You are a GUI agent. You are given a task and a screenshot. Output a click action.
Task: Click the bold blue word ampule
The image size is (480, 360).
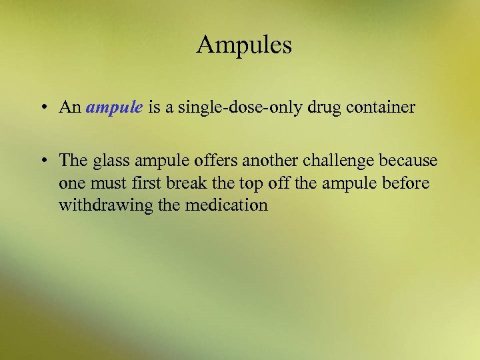click(114, 108)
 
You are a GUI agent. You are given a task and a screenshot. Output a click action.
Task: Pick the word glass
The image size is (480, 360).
click(110, 161)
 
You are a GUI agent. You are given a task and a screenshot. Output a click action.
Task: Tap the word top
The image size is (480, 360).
click(241, 183)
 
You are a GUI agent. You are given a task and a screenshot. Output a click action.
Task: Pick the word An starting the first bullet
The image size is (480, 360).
click(70, 108)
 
